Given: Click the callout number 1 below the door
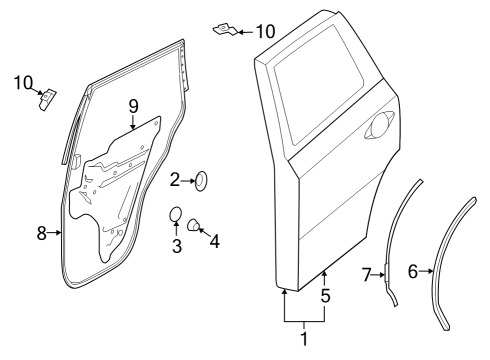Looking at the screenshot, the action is pyautogui.click(x=304, y=339).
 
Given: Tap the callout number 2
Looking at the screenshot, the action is pyautogui.click(x=175, y=180).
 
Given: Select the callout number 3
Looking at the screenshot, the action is pyautogui.click(x=177, y=246).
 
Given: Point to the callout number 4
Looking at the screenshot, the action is pyautogui.click(x=215, y=241).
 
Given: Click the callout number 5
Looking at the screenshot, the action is pyautogui.click(x=325, y=295).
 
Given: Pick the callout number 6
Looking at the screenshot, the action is pyautogui.click(x=413, y=271).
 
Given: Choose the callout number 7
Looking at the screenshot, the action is pyautogui.click(x=366, y=275).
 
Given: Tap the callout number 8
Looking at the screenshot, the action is pyautogui.click(x=41, y=233).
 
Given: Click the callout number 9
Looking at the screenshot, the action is pyautogui.click(x=133, y=107).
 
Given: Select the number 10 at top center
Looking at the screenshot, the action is pyautogui.click(x=265, y=32).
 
